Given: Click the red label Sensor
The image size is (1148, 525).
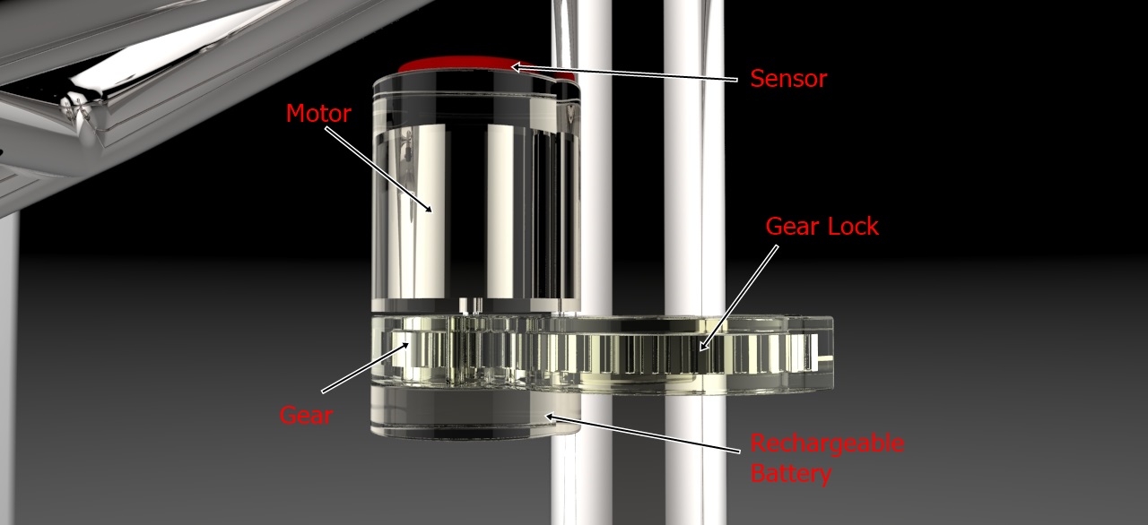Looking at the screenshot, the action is click(788, 79).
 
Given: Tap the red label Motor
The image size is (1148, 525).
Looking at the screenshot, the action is click(318, 113).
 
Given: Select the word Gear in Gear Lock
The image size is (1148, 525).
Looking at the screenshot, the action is click(791, 226).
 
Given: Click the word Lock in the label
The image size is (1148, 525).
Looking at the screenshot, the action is click(853, 226).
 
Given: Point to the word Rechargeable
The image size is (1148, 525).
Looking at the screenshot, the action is click(827, 443).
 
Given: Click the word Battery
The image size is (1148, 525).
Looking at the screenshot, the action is click(791, 473).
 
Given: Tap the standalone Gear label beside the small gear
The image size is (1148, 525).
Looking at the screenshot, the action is click(306, 415).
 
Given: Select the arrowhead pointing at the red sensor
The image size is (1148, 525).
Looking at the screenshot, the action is click(517, 66).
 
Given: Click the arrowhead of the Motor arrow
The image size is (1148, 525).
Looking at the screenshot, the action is click(428, 207).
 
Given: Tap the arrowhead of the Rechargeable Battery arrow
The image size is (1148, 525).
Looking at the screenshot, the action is click(551, 417).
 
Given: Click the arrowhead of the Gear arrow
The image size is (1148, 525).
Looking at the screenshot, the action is click(404, 346).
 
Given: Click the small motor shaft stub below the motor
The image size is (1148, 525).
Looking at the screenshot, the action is click(471, 306).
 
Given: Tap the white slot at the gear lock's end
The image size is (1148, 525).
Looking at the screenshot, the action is click(820, 353).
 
